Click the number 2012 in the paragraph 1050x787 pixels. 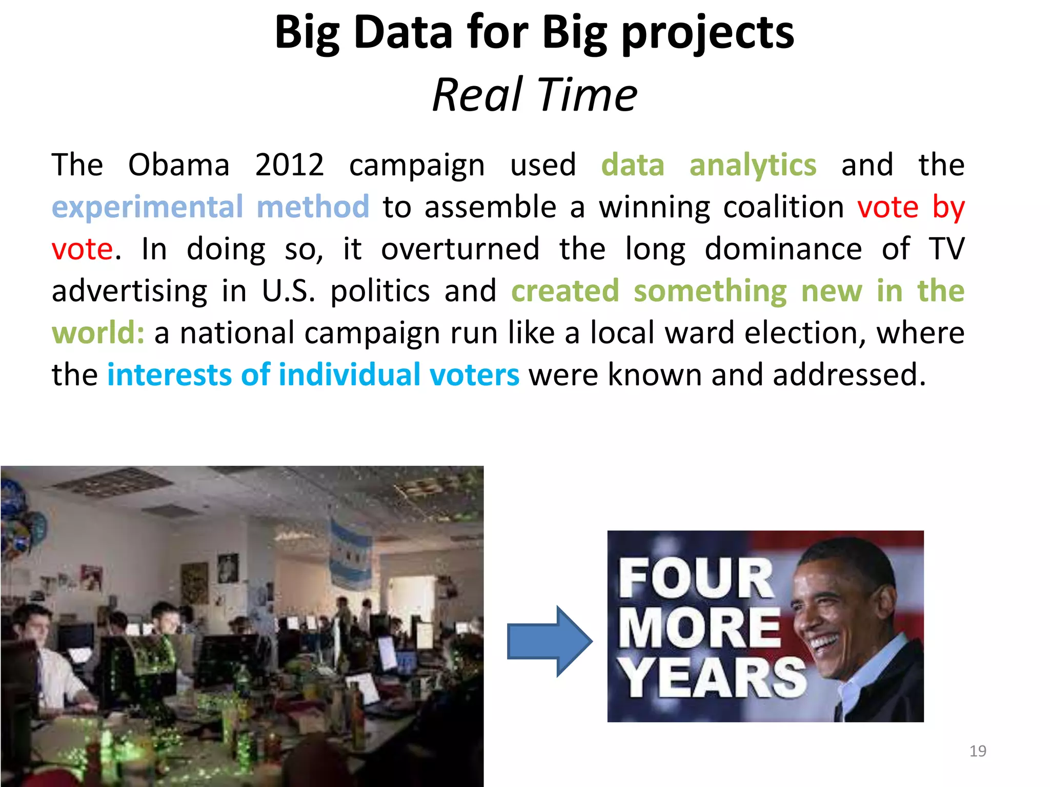289,165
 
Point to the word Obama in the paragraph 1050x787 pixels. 178,165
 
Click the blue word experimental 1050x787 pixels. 147,208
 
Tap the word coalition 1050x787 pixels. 783,207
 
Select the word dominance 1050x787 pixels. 783,249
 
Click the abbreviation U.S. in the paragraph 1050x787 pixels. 288,291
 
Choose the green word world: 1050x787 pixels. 98,333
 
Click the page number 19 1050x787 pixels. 978,751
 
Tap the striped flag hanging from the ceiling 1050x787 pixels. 350,553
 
